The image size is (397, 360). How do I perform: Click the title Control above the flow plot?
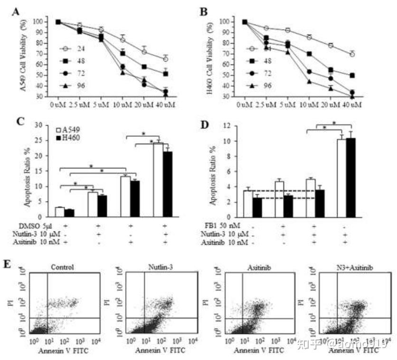tap(64, 267)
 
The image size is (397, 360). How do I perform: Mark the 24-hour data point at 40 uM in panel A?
tap(165, 59)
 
